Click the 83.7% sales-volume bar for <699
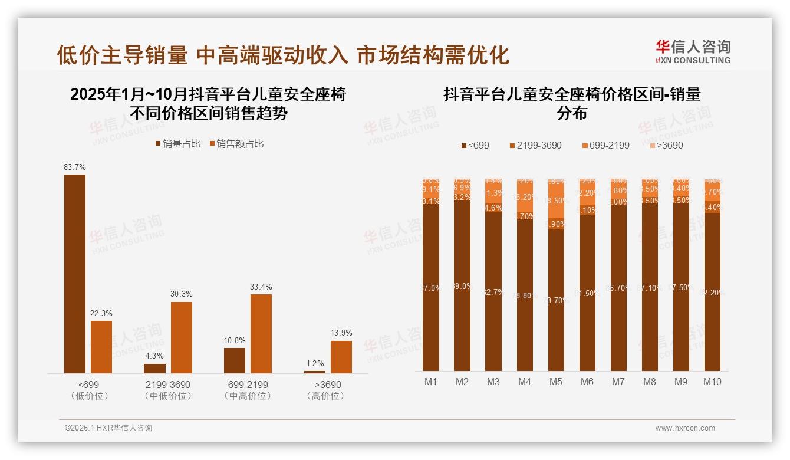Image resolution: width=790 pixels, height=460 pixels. coord(75,274)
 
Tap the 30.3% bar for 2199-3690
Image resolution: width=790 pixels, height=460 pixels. coord(182,337)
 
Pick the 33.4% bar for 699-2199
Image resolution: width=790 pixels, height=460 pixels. coord(261,333)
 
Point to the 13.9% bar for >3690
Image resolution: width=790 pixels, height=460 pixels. coord(341,357)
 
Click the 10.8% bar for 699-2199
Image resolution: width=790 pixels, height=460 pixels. coord(235,360)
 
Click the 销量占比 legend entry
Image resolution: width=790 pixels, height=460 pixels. coord(178,144)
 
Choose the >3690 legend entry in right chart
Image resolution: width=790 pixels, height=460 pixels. coord(666,145)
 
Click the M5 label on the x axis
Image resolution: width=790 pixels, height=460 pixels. coord(555,382)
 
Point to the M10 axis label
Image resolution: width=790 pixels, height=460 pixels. coord(712,382)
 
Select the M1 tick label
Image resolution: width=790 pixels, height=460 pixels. coord(431,382)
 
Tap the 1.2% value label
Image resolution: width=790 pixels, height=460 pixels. coord(315,363)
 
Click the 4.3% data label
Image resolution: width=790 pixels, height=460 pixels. coord(154,356)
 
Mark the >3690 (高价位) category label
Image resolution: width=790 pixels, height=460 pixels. coord(325,390)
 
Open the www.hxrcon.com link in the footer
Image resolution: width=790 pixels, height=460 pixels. coord(685,428)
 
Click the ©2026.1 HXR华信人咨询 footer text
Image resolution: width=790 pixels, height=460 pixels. coord(108,428)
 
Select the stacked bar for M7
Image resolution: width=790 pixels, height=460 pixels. coord(618,274)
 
